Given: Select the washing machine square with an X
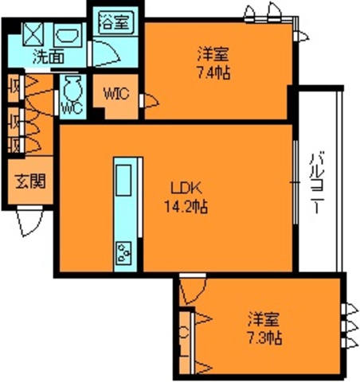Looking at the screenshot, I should pyautogui.click(x=33, y=33).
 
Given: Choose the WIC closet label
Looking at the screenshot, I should pyautogui.click(x=115, y=92).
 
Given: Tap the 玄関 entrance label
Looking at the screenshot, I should pyautogui.click(x=29, y=181).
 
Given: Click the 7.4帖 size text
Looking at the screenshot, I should pyautogui.click(x=213, y=72).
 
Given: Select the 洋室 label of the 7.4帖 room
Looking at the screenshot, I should pyautogui.click(x=213, y=55).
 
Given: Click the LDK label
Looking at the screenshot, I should pyautogui.click(x=188, y=189).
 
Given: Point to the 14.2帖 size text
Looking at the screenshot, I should pyautogui.click(x=189, y=207).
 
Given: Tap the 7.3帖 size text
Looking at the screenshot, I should pyautogui.click(x=264, y=337).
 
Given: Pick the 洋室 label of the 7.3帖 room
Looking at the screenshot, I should pyautogui.click(x=264, y=320).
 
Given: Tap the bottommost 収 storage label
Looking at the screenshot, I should pyautogui.click(x=14, y=145).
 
